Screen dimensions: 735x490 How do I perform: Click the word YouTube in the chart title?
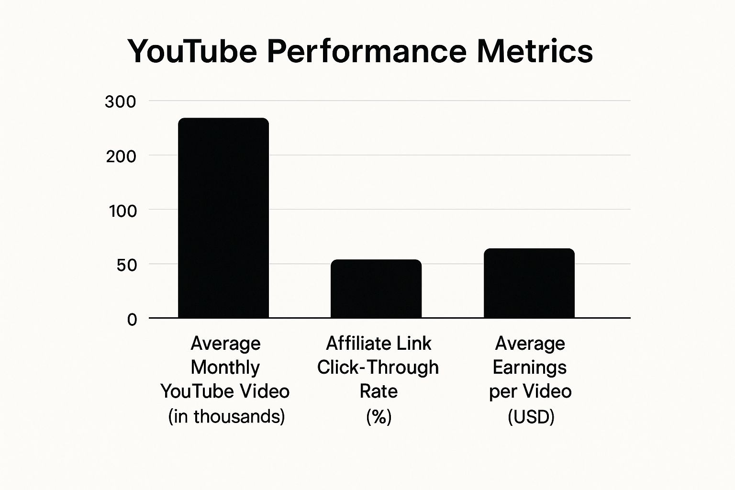(192, 51)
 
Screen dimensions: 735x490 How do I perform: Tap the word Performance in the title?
(367, 51)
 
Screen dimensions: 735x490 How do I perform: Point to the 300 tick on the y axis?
(120, 102)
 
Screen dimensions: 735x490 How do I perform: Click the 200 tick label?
(121, 156)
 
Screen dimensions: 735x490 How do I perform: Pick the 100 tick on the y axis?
(122, 211)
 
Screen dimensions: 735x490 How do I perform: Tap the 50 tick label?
(127, 265)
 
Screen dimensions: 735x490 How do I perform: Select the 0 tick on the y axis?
(132, 320)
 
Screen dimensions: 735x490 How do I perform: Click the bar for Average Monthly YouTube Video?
(223, 218)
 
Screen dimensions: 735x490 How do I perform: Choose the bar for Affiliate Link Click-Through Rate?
(376, 289)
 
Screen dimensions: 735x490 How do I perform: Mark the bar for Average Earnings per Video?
(529, 283)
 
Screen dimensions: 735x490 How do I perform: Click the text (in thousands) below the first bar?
(226, 416)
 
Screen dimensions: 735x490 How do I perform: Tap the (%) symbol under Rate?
(379, 417)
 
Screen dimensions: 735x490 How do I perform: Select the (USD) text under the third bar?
(531, 417)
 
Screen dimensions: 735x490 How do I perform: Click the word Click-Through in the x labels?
(378, 367)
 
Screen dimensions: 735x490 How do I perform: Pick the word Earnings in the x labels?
(530, 367)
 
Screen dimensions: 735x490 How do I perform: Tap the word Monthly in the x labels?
(225, 367)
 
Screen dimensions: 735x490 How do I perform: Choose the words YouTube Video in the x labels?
(225, 391)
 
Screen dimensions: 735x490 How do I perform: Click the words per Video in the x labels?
(530, 391)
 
